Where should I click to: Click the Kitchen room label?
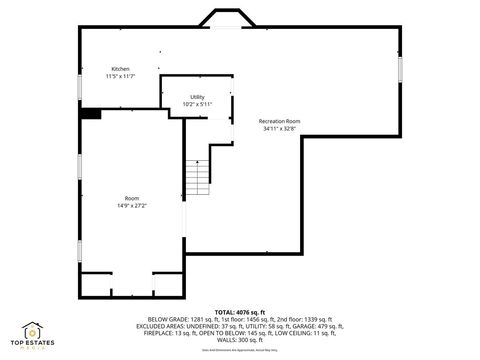pos(120,69)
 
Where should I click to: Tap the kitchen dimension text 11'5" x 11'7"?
pos(120,76)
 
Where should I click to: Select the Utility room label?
pos(198,96)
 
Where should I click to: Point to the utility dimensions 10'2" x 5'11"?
pos(198,103)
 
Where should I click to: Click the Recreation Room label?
pos(279,121)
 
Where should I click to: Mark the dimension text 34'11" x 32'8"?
pos(279,128)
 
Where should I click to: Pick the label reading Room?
pos(132,198)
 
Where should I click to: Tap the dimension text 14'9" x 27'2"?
pos(132,205)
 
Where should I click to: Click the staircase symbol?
pos(197,178)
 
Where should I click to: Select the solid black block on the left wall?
pos(91,114)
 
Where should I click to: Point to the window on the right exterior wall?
pos(400,72)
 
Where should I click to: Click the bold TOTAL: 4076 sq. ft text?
pos(240,313)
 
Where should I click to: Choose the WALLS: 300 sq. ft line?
pos(240,340)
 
